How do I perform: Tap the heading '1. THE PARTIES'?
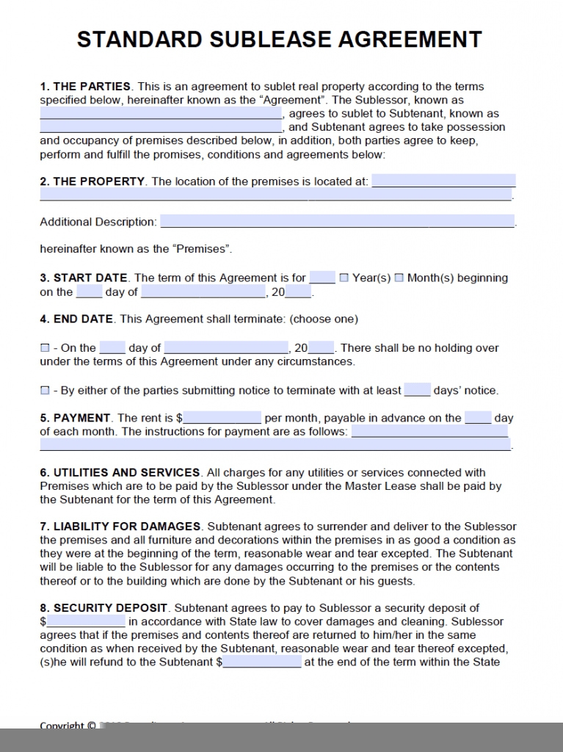pyautogui.click(x=85, y=86)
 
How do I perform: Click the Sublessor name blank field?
pyautogui.click(x=161, y=114)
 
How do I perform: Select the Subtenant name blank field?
pyautogui.click(x=161, y=127)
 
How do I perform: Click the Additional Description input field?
pyautogui.click(x=337, y=221)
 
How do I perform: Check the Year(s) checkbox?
pyautogui.click(x=344, y=278)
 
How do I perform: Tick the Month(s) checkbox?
pyautogui.click(x=399, y=278)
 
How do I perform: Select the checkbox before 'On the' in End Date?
pyautogui.click(x=45, y=348)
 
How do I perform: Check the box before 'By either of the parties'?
pyautogui.click(x=45, y=391)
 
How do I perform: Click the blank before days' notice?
pyautogui.click(x=417, y=390)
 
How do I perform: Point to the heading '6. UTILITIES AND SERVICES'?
pyautogui.click(x=120, y=472)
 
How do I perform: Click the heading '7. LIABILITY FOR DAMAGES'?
pyautogui.click(x=120, y=526)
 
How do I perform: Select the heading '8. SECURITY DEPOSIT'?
pyautogui.click(x=104, y=607)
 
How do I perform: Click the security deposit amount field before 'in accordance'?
pyautogui.click(x=86, y=621)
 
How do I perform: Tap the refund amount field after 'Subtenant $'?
pyautogui.click(x=261, y=662)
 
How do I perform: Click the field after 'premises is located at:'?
pyautogui.click(x=443, y=181)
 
